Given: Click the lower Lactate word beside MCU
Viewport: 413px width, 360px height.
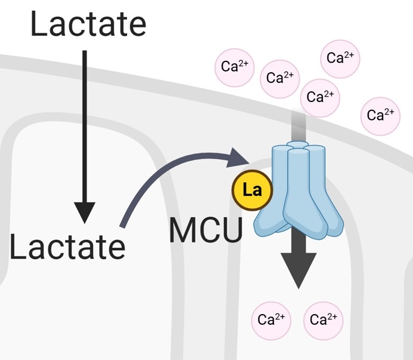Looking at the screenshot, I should pos(67,247).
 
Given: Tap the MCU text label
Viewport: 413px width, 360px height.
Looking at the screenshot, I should pos(206,230).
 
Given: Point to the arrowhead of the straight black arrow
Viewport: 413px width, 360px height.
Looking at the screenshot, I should pos(84,212).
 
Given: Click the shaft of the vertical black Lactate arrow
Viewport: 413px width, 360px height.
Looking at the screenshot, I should pos(84,119).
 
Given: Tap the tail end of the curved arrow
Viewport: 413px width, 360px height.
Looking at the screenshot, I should pos(124,225).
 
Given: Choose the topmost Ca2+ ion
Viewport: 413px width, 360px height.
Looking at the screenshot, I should pos(340,58).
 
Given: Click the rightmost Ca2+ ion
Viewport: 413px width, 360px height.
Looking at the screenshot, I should pos(380,115).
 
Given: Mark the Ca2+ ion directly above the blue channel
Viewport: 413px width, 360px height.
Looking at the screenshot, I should pos(320,97).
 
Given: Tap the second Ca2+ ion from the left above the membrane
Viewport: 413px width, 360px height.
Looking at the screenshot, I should pos(279,78).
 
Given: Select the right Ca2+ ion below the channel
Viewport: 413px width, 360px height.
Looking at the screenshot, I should pos(323,319).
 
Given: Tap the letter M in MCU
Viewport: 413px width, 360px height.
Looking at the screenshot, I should pos(182,230).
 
